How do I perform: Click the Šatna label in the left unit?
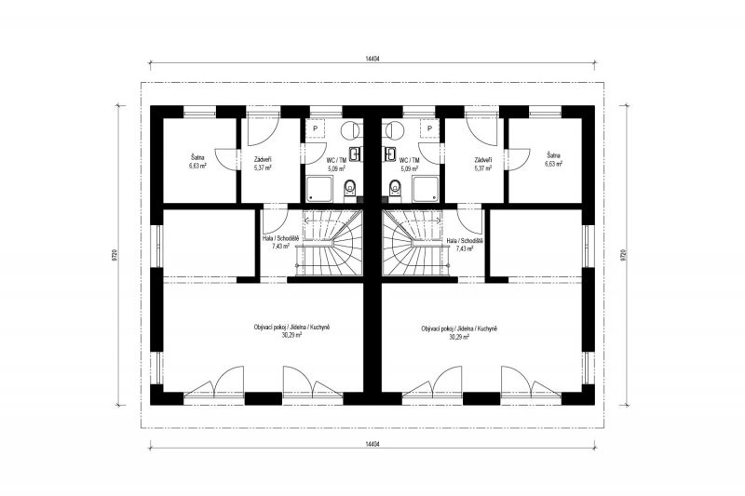(196, 155)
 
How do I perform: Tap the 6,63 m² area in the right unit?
(553, 164)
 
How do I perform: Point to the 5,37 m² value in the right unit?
(482, 168)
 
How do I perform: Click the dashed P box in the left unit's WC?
(314, 128)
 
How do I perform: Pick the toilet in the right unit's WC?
(394, 189)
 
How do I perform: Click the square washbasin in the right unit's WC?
(389, 154)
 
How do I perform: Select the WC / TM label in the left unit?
(336, 160)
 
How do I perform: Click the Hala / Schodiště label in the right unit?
(465, 241)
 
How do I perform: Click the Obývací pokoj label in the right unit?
(438, 328)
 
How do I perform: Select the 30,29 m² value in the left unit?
(291, 335)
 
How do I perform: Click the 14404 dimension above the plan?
(373, 59)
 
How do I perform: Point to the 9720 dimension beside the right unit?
(623, 255)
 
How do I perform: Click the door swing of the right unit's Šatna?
(519, 158)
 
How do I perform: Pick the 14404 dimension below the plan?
(373, 444)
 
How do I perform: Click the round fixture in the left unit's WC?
(352, 128)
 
